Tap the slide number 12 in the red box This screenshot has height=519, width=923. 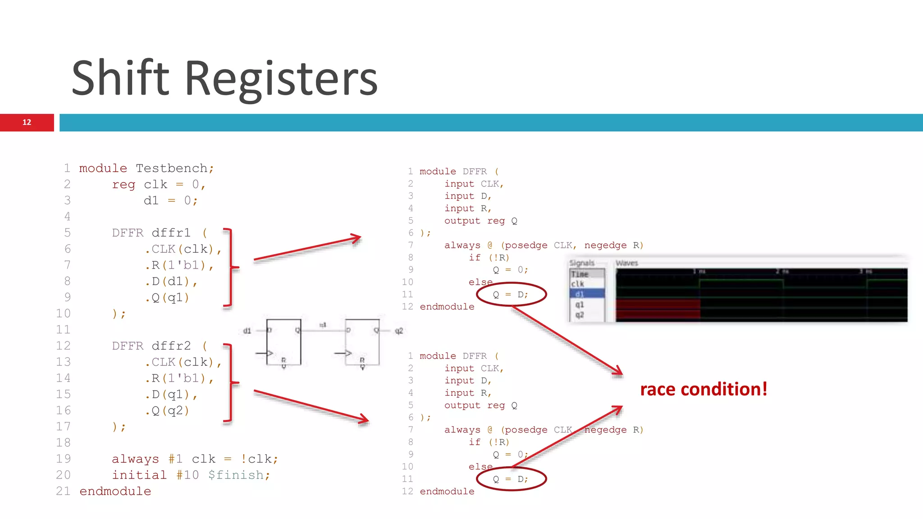pyautogui.click(x=27, y=122)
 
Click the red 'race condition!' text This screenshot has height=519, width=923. pyautogui.click(x=704, y=389)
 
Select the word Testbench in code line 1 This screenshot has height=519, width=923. pyautogui.click(x=172, y=168)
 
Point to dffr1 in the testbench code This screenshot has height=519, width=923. pyautogui.click(x=171, y=233)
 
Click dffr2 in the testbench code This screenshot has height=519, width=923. pyautogui.click(x=171, y=346)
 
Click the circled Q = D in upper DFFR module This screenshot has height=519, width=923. pyautogui.click(x=511, y=295)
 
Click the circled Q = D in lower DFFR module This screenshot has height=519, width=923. pyautogui.click(x=511, y=479)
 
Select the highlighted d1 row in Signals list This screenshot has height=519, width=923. pyautogui.click(x=586, y=294)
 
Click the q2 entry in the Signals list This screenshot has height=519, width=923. pyautogui.click(x=580, y=314)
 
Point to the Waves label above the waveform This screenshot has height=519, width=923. pyautogui.click(x=626, y=263)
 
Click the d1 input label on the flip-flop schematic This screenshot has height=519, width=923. pyautogui.click(x=247, y=331)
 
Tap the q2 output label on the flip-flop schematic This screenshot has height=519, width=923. pyautogui.click(x=398, y=331)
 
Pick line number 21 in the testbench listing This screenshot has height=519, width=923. pyautogui.click(x=63, y=491)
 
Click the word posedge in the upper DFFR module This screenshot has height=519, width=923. pyautogui.click(x=525, y=246)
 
